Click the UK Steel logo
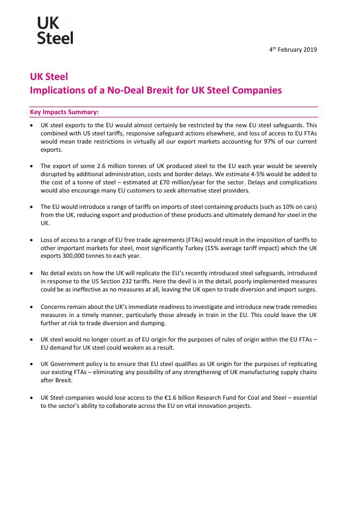click(x=55, y=29)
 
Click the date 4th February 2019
click(x=293, y=49)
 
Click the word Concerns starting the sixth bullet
click(x=55, y=306)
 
